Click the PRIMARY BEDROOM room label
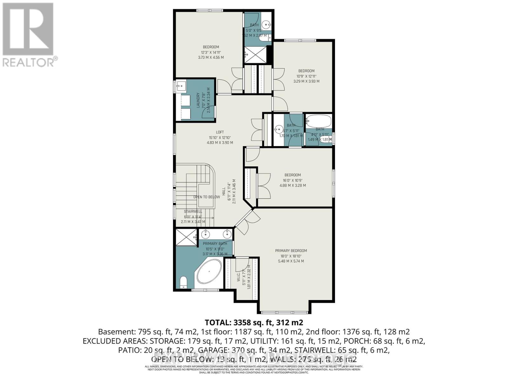[291, 251]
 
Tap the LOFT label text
[220, 132]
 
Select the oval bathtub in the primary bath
[209, 272]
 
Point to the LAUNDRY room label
[198, 100]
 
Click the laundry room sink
[181, 85]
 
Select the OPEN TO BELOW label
[207, 197]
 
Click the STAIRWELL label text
[193, 211]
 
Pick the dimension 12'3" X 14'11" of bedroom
[211, 52]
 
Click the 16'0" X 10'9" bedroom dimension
[292, 180]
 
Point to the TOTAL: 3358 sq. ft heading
[254, 323]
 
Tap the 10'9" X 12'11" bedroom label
[306, 76]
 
